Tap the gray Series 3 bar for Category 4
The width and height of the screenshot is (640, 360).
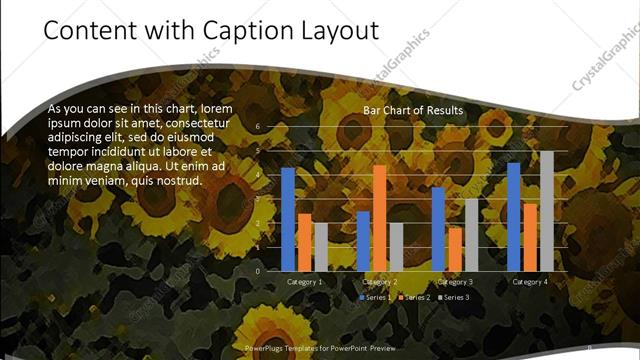[546, 211]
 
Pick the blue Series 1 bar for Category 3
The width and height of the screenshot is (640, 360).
[438, 229]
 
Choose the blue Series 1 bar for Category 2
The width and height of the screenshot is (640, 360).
[363, 241]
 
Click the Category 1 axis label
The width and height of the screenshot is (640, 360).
[304, 282]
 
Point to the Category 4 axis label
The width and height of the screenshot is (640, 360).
[530, 282]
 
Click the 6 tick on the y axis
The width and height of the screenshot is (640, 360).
[258, 127]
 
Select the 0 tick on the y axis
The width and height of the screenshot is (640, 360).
[258, 271]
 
